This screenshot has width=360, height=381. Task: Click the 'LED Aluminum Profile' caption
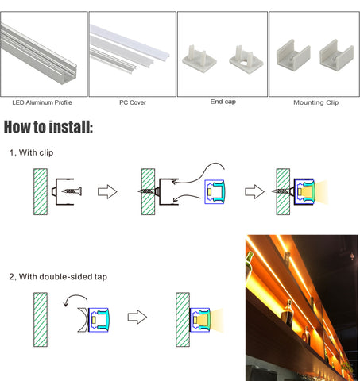42,102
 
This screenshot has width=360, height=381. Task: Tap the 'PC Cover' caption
133,102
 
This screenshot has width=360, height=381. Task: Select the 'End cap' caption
223,102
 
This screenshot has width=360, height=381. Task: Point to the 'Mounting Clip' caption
316,102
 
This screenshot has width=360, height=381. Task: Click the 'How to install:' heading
48,127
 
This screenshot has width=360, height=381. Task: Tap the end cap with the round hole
246,60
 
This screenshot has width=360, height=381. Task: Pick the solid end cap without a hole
199,59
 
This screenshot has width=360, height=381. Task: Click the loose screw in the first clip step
72,191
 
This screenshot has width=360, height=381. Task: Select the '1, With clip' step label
32,152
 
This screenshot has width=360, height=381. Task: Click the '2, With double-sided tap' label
58,277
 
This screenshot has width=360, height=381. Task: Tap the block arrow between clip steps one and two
107,191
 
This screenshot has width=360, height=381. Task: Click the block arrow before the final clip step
254,191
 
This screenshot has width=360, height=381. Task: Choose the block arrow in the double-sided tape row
137,317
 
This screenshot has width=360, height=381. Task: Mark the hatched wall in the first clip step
41,192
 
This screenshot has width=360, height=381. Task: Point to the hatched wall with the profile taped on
183,320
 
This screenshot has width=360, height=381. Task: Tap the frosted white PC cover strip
130,42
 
